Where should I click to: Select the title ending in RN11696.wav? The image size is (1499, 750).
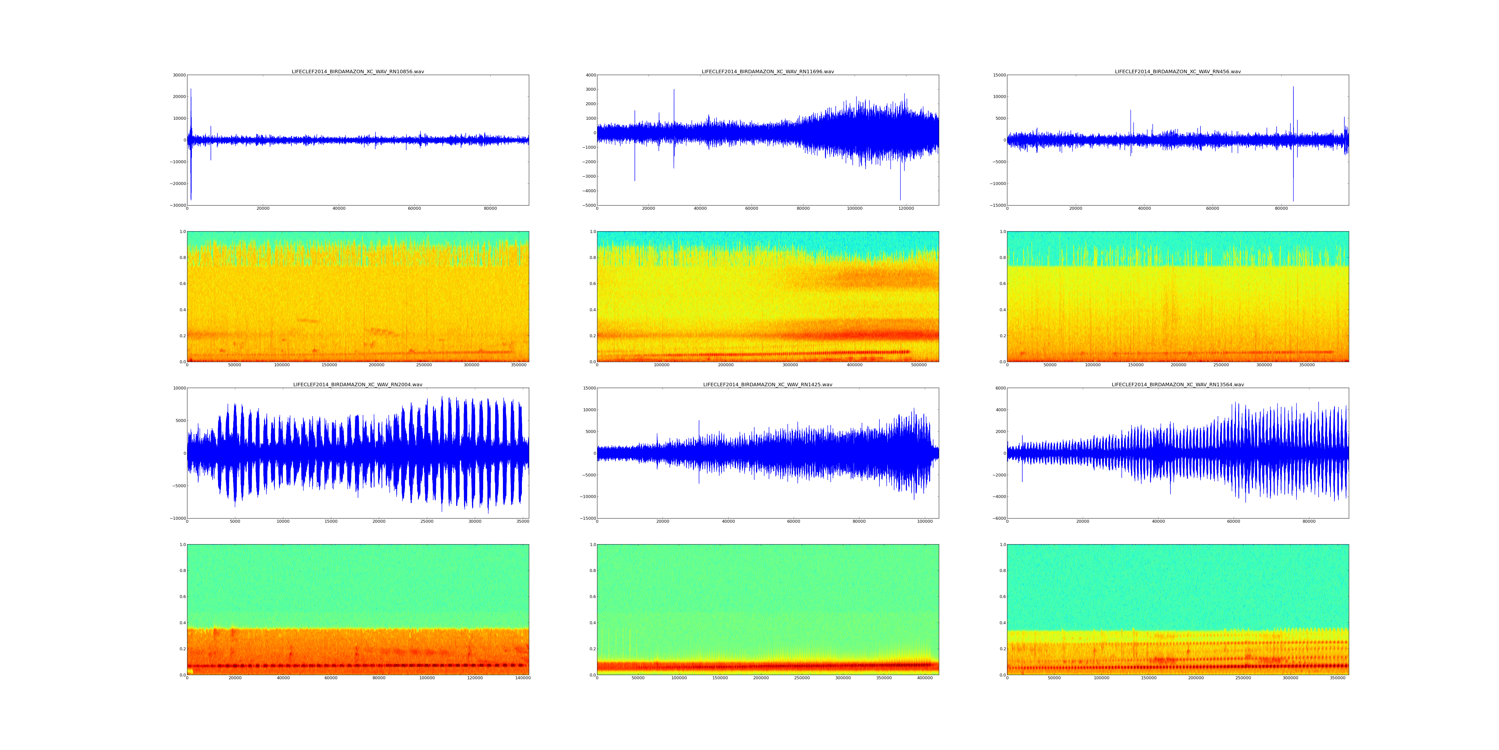tap(767, 71)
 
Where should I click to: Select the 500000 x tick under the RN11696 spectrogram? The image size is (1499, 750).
tap(919, 365)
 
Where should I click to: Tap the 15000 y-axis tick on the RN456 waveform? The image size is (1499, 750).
tap(997, 75)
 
